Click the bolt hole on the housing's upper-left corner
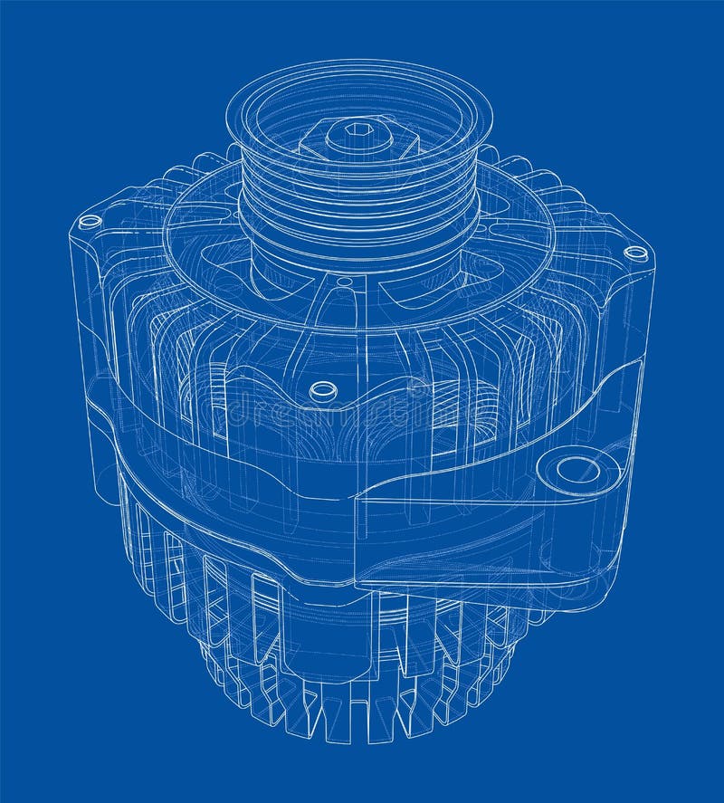click(x=90, y=221)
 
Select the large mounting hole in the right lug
click(x=577, y=469)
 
